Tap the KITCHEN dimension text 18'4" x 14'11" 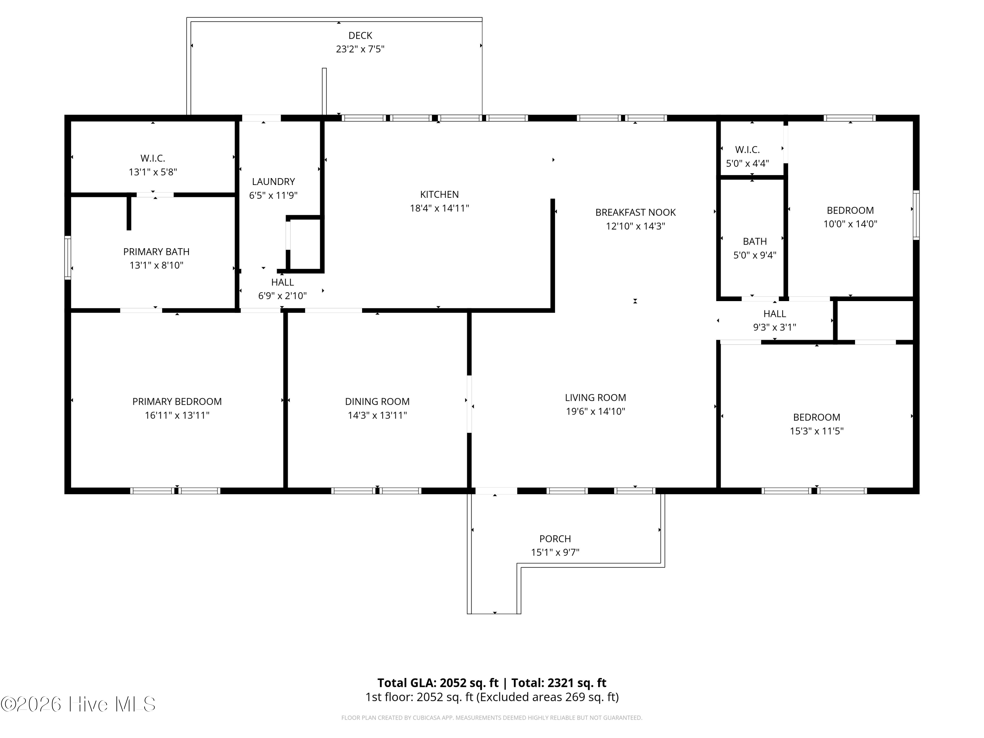439,208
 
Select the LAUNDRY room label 273,181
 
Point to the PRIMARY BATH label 156,252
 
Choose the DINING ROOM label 377,402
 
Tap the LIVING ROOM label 595,398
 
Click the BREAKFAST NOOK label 635,213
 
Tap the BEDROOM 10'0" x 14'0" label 850,217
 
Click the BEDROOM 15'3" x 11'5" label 816,424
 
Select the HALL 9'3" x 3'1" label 774,320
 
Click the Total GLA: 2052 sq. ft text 438,683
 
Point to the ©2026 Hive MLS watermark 78,704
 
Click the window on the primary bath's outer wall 68,257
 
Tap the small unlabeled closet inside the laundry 305,244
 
